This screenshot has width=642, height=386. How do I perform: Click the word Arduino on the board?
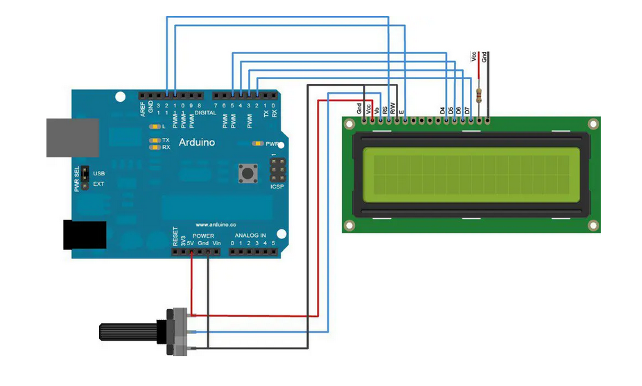197,142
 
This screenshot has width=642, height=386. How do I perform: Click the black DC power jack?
84,234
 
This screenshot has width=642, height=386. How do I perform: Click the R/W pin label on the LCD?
393,108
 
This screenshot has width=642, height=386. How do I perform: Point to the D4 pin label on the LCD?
443,109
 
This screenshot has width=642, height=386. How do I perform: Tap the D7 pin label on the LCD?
468,109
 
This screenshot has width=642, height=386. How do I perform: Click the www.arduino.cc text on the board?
216,225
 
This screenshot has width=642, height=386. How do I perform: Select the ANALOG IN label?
250,236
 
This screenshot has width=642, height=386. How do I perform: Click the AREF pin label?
142,108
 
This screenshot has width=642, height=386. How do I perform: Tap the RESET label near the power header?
175,237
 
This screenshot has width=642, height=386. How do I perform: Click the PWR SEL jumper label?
78,178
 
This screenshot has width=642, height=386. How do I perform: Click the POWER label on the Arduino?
203,236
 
